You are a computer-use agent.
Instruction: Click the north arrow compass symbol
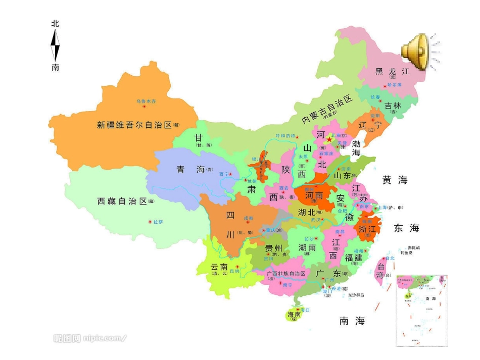point(55,45)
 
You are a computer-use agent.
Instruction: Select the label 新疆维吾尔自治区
point(134,125)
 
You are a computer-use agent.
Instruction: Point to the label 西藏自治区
point(121,201)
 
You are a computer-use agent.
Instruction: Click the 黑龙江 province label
point(392,72)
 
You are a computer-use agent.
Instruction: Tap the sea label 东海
point(407,228)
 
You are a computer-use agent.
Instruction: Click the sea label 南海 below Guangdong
point(352,321)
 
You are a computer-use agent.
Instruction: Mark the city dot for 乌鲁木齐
point(144,107)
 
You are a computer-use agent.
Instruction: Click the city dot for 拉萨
point(150,222)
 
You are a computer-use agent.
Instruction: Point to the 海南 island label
point(294,315)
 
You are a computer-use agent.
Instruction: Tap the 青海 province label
point(190,170)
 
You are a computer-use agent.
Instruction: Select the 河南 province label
point(314,194)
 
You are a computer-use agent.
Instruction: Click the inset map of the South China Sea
point(422,311)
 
